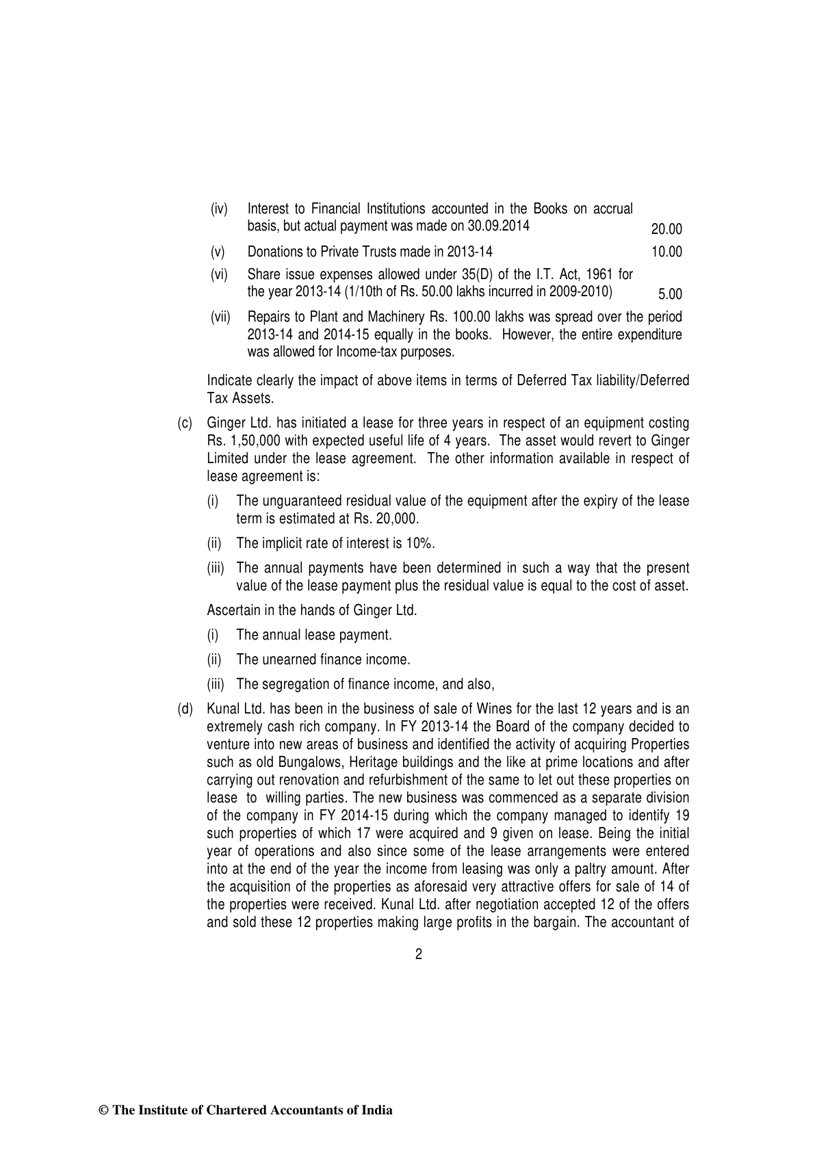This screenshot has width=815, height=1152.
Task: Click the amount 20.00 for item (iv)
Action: tap(667, 229)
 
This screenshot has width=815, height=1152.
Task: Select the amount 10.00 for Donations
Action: tap(667, 252)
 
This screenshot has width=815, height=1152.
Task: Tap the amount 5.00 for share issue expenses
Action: tap(670, 295)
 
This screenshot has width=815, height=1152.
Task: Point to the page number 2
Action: tap(419, 955)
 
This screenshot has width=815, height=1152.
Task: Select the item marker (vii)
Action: tap(220, 317)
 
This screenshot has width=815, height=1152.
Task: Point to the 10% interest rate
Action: tap(420, 543)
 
